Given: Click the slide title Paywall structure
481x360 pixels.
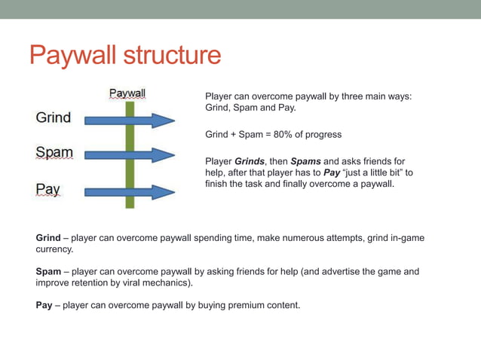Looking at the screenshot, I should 125,55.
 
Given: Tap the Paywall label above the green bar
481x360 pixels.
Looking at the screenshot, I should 127,93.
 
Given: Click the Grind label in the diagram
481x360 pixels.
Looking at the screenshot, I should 54,117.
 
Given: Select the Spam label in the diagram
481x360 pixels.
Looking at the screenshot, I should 54,153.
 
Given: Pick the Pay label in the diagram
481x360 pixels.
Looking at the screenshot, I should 48,188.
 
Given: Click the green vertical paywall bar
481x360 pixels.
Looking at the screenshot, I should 130,173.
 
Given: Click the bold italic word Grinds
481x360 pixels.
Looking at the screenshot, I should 250,161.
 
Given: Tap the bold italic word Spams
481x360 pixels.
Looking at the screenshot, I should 305,161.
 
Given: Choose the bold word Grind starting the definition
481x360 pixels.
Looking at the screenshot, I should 48,238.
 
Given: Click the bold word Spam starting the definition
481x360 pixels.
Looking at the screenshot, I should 49,271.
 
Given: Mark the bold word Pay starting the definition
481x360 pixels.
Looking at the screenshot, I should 44,305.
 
